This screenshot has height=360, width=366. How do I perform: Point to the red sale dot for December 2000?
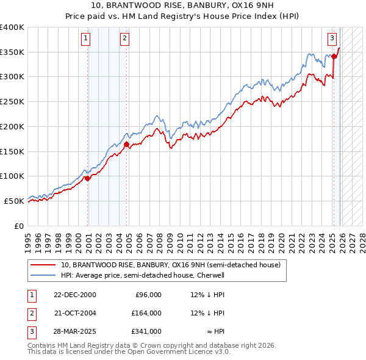88,178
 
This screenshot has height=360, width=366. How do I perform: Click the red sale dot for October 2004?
127,145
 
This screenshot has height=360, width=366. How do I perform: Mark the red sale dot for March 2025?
334,57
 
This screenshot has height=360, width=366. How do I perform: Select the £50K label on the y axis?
15,201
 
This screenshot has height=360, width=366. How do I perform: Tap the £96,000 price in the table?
148,295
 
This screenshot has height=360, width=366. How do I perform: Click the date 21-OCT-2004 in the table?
74,313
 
